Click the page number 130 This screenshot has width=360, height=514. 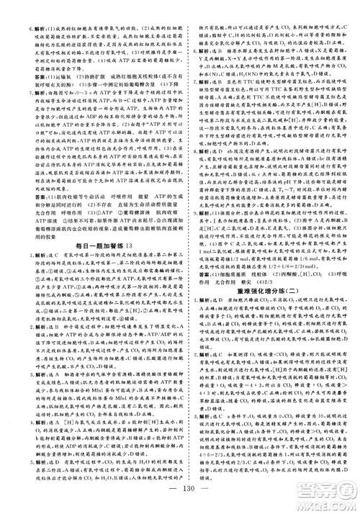(180, 492)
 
